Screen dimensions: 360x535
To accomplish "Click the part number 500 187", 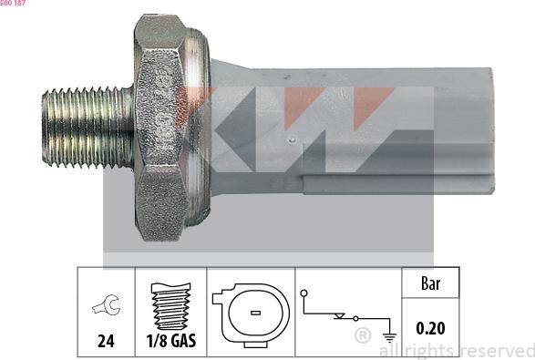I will click(x=14, y=5).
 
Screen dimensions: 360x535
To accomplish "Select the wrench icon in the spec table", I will click(x=106, y=307).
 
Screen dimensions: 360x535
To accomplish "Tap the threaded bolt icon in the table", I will click(x=170, y=305).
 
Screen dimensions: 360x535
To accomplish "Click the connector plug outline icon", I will click(x=250, y=311).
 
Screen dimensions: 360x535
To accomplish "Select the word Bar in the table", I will click(x=430, y=283).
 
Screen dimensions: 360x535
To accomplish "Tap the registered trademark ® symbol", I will click(x=362, y=336).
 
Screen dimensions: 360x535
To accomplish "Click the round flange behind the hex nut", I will click(x=204, y=128).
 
